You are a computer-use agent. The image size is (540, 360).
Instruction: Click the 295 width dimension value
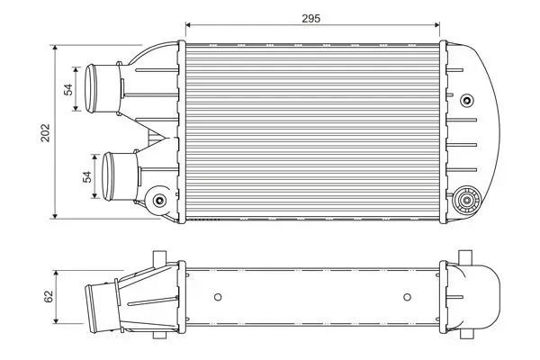point(310,18)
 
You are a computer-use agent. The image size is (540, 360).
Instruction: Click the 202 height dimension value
point(46,132)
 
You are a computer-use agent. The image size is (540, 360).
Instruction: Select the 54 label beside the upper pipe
point(68,90)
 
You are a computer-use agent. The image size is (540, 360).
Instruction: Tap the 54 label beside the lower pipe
point(87,176)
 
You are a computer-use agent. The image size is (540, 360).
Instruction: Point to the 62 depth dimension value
point(49,297)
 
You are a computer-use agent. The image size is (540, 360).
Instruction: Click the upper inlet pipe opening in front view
point(91,88)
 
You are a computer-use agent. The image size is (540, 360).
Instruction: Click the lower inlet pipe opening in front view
point(108,176)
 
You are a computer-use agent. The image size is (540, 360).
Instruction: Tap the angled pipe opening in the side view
point(91,309)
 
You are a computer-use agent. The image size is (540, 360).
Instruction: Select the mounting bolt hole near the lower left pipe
point(159,200)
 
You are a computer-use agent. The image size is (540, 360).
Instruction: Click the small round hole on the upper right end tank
point(467,101)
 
